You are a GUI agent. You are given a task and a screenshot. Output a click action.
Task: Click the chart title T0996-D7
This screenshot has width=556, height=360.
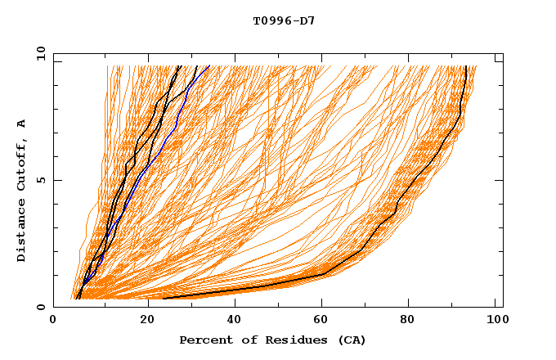[284, 21]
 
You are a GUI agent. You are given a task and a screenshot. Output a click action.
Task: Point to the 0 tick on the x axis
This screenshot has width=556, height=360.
[53, 322]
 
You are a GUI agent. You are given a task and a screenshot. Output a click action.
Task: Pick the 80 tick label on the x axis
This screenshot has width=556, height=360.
[414, 322]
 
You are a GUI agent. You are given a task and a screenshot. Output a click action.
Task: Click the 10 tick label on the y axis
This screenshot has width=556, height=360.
[39, 53]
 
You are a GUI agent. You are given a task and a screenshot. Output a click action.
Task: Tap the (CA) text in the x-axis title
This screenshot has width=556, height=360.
[352, 340]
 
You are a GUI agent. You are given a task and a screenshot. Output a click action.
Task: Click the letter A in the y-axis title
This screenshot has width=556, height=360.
[22, 124]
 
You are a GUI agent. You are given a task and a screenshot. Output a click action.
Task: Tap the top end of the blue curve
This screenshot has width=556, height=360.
[209, 65]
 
